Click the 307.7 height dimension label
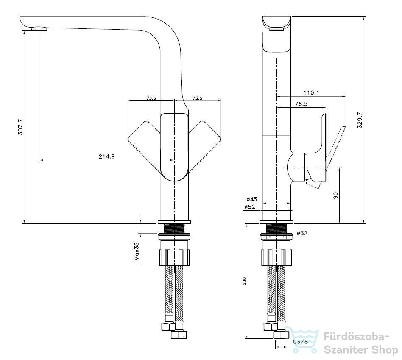pos(20,127)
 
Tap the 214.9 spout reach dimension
pos(107,156)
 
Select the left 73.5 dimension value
pos(151,98)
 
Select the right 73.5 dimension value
pos(197,98)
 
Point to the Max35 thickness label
pos(137,251)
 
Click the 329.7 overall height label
pos(360,120)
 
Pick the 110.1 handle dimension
pos(311,92)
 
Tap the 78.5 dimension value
pos(301,103)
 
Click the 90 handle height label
pos(335,195)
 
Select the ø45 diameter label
pos(252,199)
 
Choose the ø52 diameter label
pos(250,207)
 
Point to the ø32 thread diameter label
pos(302,233)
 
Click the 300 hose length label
pos(244,281)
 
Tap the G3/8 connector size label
pos(300,342)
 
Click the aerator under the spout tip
pos(39,28)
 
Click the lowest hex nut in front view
pos(179,335)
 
